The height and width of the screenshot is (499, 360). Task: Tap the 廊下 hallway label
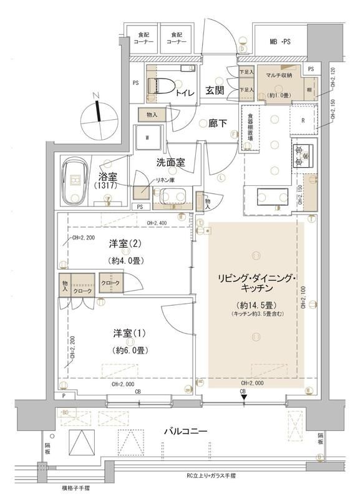[216, 123]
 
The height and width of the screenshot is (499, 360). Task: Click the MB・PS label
[281, 42]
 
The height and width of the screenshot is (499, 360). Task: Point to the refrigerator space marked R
[303, 120]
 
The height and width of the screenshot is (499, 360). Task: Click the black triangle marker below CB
[244, 397]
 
